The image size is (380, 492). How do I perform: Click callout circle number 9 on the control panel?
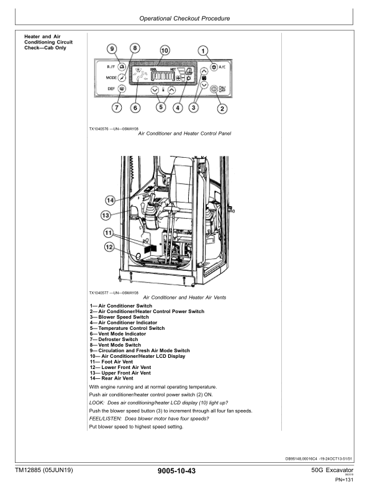(x=112, y=49)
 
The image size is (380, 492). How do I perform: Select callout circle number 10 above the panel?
(x=165, y=50)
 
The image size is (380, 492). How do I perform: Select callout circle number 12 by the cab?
(x=109, y=247)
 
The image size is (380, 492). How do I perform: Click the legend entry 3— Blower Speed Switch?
(x=119, y=317)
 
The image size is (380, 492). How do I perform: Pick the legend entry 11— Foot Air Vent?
(x=111, y=362)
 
